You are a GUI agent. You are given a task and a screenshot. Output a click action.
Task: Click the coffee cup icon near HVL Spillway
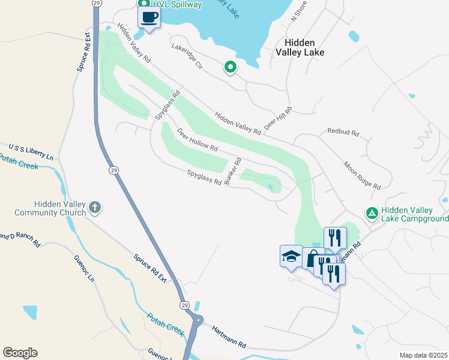pos(149,17)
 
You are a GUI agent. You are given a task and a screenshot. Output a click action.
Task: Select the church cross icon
pos(95,208)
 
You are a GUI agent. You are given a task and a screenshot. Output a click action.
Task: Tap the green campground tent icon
pos(372,213)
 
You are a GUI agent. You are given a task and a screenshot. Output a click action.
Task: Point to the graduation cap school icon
pos(291,256)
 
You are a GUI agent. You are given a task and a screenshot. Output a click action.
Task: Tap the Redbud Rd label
pos(343,131)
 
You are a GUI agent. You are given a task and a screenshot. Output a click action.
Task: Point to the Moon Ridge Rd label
pos(361,175)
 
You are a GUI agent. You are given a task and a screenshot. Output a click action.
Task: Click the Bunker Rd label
pos(233,172)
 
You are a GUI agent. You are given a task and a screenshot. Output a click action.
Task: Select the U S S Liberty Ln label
pos(31,151)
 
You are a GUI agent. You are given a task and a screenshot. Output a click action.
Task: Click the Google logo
pos(20,353)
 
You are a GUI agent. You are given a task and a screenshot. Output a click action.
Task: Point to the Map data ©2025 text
pos(423,355)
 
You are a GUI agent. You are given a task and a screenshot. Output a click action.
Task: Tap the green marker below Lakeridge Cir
pos(229,68)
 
